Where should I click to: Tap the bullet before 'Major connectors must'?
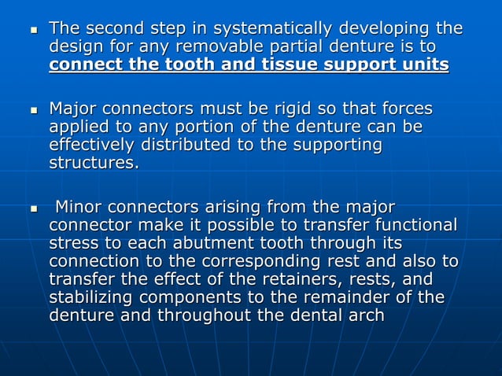pos(33,109)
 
